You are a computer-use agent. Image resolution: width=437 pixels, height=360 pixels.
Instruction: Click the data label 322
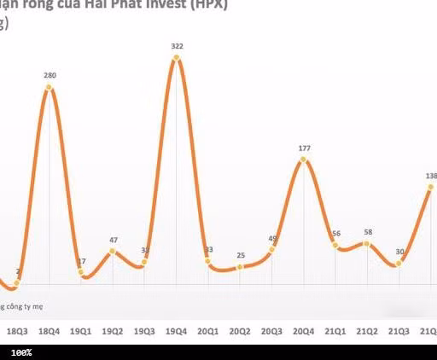coord(177,45)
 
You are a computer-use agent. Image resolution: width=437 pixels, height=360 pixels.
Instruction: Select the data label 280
coord(50,75)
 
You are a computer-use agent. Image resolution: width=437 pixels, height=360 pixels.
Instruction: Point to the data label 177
coord(305,148)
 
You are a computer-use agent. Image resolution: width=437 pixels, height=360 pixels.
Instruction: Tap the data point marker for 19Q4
coord(177,58)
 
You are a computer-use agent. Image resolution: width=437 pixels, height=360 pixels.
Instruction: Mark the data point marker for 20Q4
coord(305,160)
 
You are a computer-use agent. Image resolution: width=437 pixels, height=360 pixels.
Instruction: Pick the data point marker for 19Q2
coord(113,251)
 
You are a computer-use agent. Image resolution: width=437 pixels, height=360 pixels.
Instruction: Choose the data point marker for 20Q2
coord(241,266)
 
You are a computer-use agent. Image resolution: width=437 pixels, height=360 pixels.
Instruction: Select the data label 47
coord(113,240)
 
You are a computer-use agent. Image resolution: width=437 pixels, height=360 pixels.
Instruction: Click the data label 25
coord(241,255)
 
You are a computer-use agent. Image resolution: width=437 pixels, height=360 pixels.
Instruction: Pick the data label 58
coord(367,232)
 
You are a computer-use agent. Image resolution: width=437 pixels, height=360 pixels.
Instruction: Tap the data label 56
coord(335,234)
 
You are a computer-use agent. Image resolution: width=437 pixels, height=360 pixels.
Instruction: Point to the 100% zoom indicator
coord(21,352)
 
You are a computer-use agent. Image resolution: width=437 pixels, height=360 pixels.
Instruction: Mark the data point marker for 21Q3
coord(399,264)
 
